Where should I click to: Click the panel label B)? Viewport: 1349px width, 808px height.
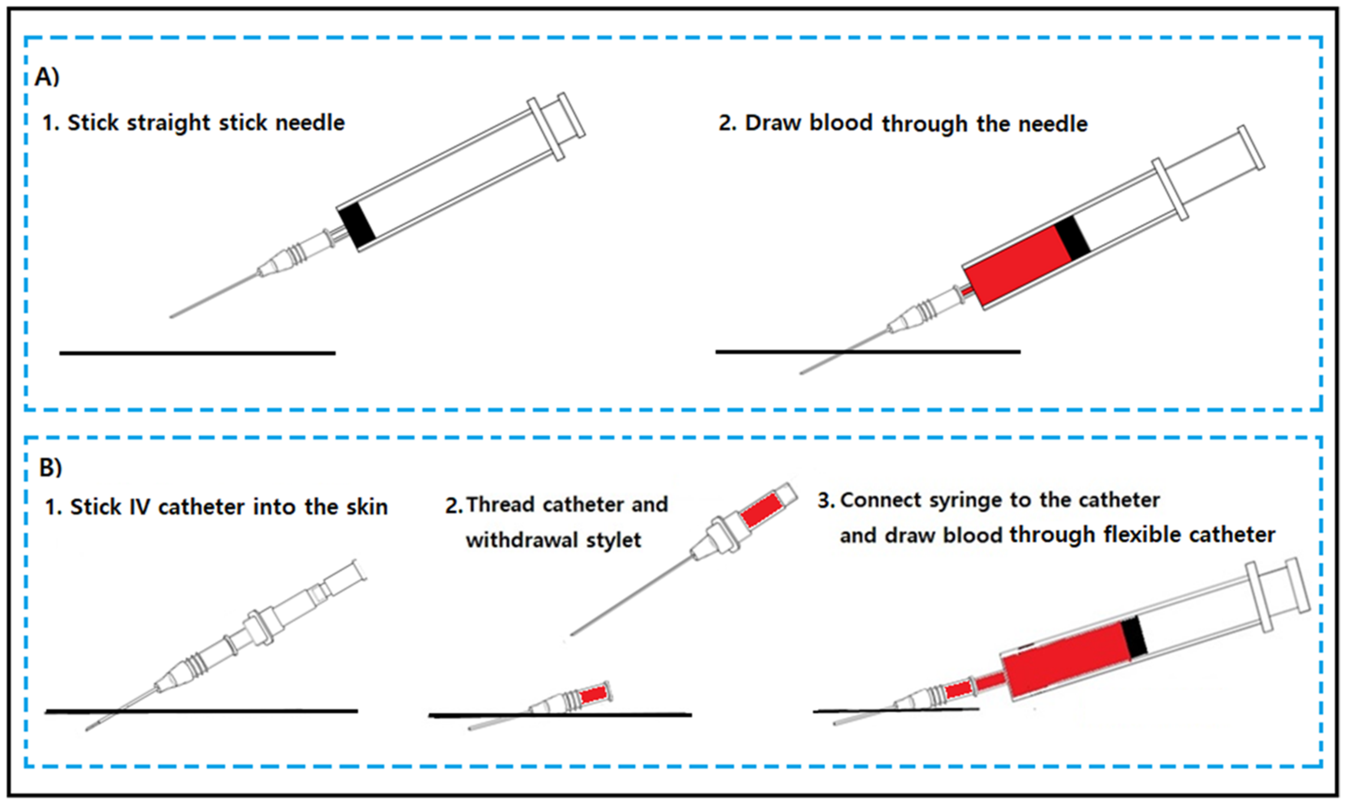51,467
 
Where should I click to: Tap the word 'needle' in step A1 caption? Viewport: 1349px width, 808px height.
310,123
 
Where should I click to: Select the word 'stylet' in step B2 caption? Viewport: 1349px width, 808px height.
613,540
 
